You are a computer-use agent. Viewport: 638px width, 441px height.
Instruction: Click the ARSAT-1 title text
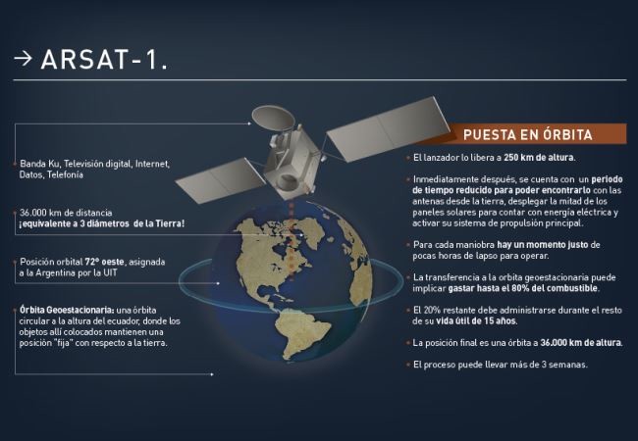pos(104,60)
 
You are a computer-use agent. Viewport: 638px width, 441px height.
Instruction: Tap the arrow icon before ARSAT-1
pos(23,59)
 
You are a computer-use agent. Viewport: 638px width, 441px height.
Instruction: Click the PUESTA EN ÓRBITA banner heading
pos(528,135)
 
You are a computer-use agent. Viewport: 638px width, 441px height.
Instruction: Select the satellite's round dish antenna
pos(273,119)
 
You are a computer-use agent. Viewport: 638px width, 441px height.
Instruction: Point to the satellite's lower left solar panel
pos(221,180)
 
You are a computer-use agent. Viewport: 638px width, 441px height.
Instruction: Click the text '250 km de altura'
pos(539,158)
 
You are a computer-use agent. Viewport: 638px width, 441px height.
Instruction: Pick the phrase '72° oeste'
pos(105,262)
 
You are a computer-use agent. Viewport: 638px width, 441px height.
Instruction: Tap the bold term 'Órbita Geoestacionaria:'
pos(67,311)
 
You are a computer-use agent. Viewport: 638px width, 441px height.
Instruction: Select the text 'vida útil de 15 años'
pos(476,321)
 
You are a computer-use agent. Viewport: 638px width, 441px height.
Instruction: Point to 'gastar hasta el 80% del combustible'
pos(523,288)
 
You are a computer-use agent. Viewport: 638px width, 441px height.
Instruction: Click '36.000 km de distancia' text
pos(66,213)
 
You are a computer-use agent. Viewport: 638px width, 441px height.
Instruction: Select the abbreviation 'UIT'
pos(110,272)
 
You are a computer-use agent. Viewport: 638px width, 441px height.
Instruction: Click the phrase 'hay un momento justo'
pos(543,245)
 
